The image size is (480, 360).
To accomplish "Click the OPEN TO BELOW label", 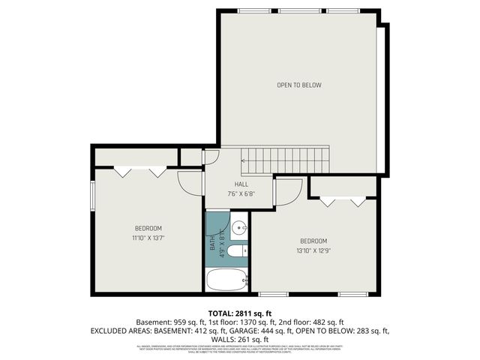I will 299,85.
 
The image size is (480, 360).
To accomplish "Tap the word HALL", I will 241,184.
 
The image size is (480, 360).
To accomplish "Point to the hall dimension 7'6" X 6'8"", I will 241,193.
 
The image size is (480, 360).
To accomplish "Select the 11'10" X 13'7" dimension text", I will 148,238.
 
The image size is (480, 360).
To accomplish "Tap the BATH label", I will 212,244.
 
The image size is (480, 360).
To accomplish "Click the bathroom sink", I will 238,227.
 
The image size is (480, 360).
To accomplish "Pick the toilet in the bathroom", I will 234,251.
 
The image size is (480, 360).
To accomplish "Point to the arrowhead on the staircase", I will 243,160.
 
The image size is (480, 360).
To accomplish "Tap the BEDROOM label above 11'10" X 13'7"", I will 148,228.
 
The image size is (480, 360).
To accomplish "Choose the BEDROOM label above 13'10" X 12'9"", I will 313,241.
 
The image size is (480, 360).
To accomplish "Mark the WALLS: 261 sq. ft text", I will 239,339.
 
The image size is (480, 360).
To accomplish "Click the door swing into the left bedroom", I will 190,183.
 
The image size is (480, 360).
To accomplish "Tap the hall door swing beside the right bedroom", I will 286,192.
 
